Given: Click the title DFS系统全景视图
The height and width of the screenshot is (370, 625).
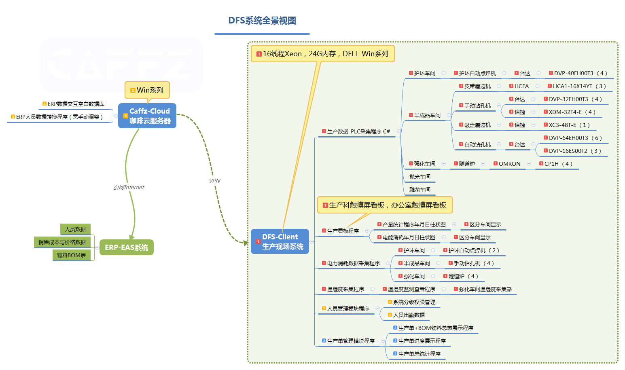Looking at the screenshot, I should (262, 21).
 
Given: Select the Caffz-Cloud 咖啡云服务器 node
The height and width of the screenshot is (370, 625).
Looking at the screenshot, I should (147, 116).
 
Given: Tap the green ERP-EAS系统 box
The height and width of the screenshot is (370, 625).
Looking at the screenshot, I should (126, 247).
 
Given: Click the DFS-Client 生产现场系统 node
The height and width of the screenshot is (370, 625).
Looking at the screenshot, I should (280, 241).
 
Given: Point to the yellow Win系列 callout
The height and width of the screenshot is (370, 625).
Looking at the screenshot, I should (147, 90).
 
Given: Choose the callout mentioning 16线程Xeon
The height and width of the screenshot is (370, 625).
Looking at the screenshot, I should (323, 54).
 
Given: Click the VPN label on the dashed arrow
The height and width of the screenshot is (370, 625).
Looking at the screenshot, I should (215, 181).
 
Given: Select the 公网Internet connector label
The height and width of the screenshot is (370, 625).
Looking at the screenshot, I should (129, 187).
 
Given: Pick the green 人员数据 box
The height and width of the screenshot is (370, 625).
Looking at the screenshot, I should (75, 229).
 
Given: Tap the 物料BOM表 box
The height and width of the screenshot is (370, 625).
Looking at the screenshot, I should (72, 255).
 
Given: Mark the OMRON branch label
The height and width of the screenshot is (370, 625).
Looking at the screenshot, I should (509, 164).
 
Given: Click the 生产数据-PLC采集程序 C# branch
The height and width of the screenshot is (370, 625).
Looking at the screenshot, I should (358, 131).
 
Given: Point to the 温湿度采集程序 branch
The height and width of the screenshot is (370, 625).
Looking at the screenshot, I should (345, 289).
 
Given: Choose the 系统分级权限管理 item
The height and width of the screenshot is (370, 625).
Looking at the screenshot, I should (414, 302).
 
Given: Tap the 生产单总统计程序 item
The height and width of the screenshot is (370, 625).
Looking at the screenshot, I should (419, 354).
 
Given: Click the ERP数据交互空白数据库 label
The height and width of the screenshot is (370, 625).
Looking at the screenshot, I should (76, 104).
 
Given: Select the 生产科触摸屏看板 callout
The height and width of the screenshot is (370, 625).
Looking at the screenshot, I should (385, 205).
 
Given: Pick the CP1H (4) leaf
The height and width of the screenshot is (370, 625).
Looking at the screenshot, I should (558, 164).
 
